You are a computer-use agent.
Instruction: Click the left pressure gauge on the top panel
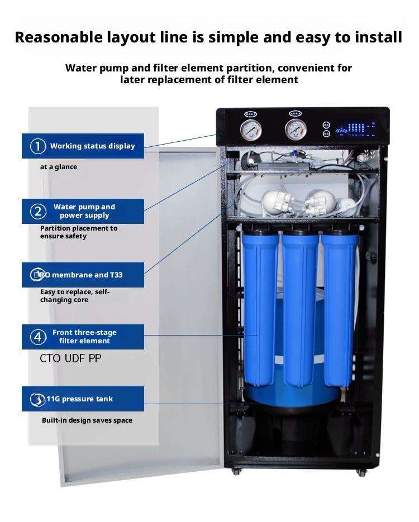250,130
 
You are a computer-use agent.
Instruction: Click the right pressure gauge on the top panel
296,130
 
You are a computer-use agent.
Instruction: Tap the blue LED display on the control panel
355,129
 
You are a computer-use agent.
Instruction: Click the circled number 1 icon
38,146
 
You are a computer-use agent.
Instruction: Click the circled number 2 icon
38,212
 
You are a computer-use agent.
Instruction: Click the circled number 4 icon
38,337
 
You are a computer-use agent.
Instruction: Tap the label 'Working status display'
93,146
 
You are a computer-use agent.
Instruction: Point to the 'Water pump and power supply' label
84,211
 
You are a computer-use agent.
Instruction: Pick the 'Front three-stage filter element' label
84,337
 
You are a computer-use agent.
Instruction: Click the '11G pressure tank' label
79,399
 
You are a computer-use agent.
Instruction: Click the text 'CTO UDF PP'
70,358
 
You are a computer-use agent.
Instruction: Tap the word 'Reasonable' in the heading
59,37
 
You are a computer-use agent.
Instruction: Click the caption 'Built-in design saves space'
87,420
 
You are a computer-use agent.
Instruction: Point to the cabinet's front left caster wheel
236,471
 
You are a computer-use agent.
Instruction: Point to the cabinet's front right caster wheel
361,472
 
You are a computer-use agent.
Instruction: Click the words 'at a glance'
59,167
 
